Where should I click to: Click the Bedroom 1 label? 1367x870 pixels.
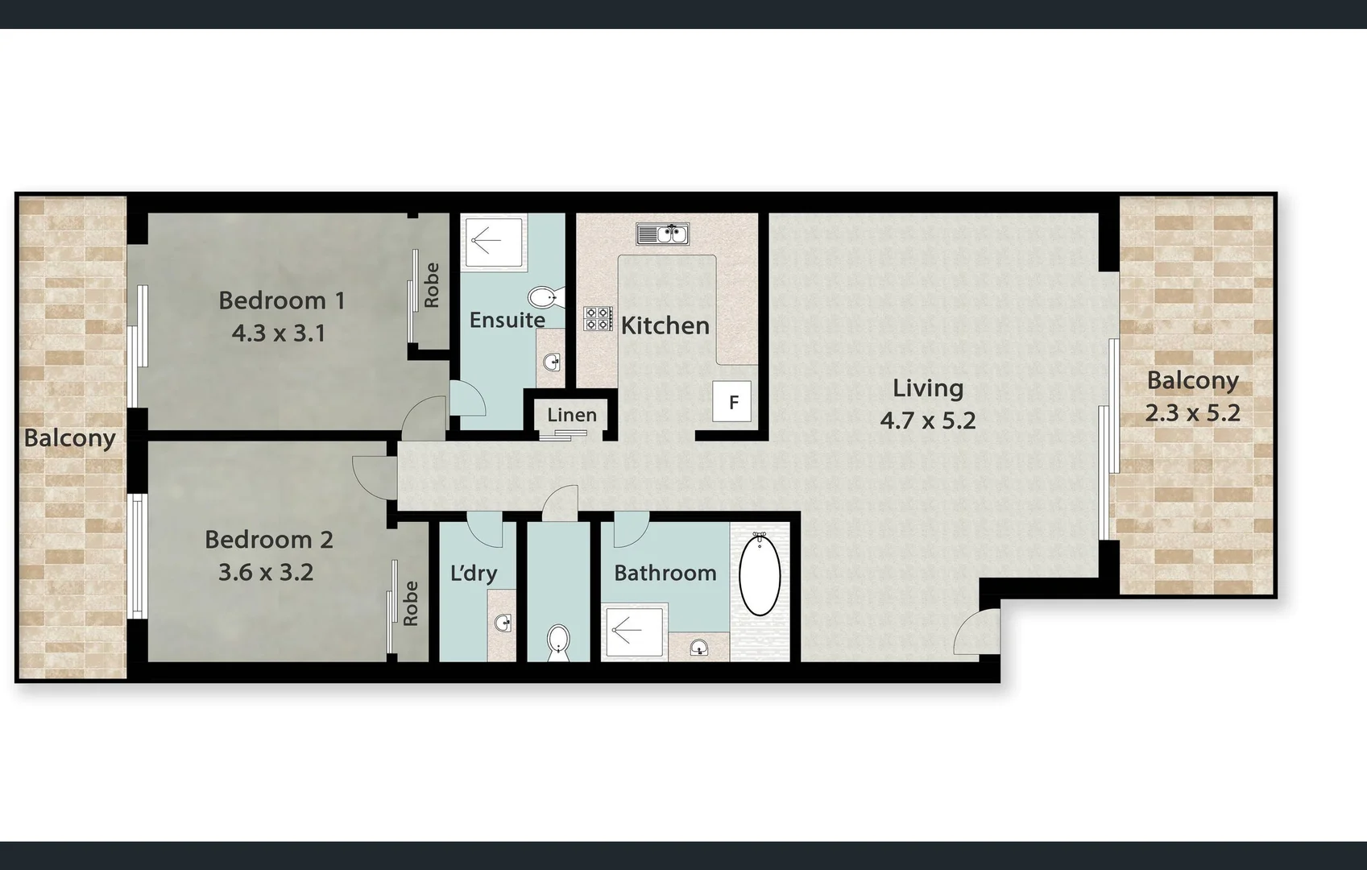281,300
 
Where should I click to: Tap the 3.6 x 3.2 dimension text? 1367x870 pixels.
266,573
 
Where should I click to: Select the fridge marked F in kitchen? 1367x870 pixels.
732,401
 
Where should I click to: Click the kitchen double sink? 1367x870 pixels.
662,234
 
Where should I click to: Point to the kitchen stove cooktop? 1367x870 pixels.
598,318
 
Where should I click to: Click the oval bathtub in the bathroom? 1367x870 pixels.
759,574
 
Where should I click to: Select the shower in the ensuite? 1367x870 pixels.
493,240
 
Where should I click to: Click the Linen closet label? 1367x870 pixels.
572,416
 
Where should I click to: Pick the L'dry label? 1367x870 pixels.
473,574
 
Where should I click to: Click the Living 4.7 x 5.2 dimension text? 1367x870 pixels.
927,420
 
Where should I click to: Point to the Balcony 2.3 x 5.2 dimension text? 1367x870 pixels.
1192,413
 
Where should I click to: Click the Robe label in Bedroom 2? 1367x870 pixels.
410,603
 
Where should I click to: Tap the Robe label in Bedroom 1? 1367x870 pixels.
432,285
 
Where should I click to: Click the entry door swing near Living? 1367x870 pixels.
976,632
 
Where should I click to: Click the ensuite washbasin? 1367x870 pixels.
552,363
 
